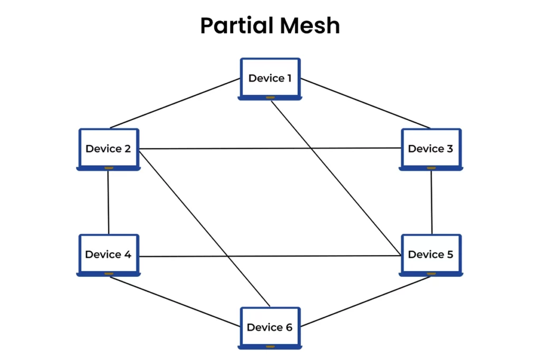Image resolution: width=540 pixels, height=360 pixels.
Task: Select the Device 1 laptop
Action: (270, 79)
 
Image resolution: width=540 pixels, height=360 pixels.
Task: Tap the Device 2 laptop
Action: (108, 149)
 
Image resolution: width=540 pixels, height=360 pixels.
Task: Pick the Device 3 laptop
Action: (430, 149)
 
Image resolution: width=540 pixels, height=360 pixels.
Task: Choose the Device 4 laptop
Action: (108, 255)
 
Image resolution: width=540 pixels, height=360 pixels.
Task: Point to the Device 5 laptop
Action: (430, 255)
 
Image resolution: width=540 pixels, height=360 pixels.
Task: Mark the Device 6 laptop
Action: (269, 327)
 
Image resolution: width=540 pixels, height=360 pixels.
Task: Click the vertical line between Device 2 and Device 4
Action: (108, 202)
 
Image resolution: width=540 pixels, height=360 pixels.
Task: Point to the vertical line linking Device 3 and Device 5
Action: (432, 202)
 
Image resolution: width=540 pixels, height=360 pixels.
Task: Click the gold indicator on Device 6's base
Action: (270, 347)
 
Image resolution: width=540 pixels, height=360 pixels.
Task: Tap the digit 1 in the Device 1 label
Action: (288, 79)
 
